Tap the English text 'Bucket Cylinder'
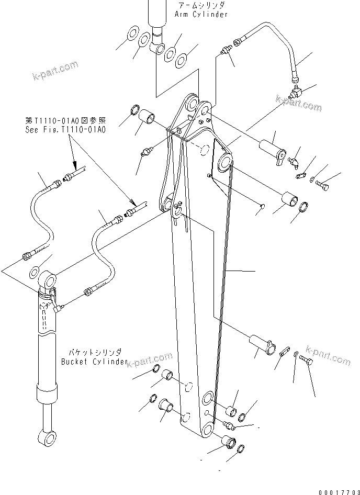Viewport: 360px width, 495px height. pyautogui.click(x=94, y=362)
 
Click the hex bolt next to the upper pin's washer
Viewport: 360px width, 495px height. pyautogui.click(x=324, y=185)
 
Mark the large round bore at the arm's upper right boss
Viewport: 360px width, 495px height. pyautogui.click(x=224, y=163)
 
